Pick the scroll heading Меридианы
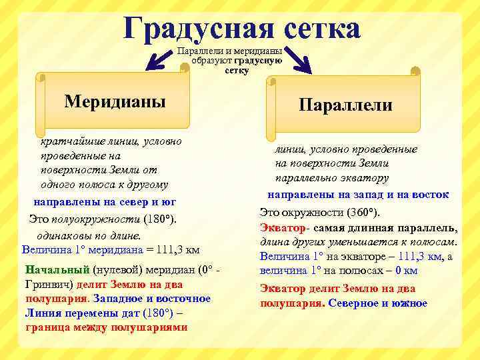115,101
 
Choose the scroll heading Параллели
345,105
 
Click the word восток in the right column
429,195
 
